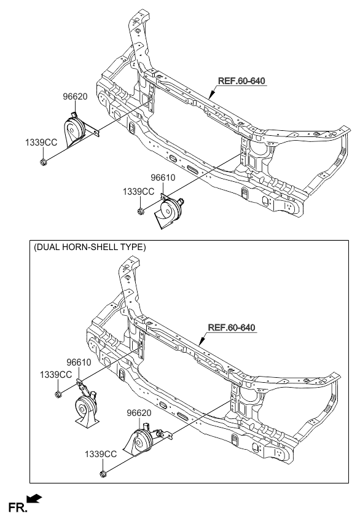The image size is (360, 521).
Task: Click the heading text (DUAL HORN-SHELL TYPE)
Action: click(90, 248)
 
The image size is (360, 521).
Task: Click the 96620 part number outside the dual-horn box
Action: click(74, 96)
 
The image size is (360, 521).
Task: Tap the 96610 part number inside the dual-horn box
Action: click(79, 362)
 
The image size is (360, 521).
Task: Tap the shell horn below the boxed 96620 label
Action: click(141, 441)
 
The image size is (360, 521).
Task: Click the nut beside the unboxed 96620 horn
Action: click(44, 162)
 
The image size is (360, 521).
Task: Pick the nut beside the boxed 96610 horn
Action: click(57, 394)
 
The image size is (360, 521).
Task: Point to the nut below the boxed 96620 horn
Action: click(101, 474)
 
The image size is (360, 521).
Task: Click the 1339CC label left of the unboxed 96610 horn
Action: click(138, 192)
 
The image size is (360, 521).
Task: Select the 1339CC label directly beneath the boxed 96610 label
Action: click(57, 374)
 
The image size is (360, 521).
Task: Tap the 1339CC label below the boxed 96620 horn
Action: click(101, 453)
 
